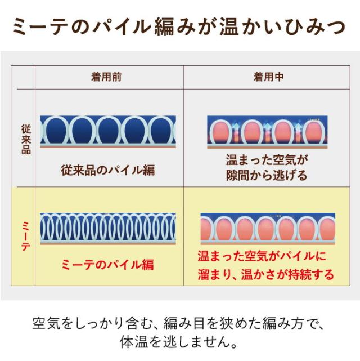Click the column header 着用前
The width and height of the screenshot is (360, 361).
coord(106,77)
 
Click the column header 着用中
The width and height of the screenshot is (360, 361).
coord(268,77)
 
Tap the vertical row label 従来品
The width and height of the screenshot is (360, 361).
coord(26,139)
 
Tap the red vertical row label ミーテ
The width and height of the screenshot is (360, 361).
coord(26,236)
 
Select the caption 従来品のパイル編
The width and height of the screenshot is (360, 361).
coord(108,170)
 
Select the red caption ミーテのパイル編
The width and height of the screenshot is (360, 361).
coord(107,264)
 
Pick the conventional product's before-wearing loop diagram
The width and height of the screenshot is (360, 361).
coord(108,132)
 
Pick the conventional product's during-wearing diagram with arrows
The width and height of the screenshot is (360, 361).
coord(267,132)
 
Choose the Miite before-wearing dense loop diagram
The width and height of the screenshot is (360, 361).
coord(108,229)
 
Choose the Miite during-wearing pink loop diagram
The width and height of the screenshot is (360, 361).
coord(268,229)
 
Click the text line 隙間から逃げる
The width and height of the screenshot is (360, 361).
coord(267,176)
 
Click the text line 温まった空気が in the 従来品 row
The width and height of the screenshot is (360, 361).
coord(267,160)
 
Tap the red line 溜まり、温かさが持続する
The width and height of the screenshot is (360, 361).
coord(265,274)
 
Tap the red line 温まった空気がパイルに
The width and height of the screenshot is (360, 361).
coord(262,256)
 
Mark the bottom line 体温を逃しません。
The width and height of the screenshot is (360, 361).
coord(179,342)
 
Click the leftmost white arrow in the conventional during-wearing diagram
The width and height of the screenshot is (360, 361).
coord(236,132)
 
